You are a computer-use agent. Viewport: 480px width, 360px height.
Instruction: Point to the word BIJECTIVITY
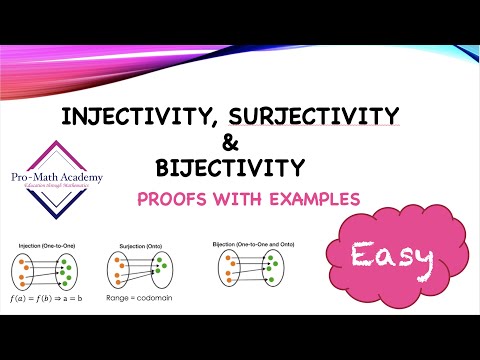[x=231, y=165]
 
